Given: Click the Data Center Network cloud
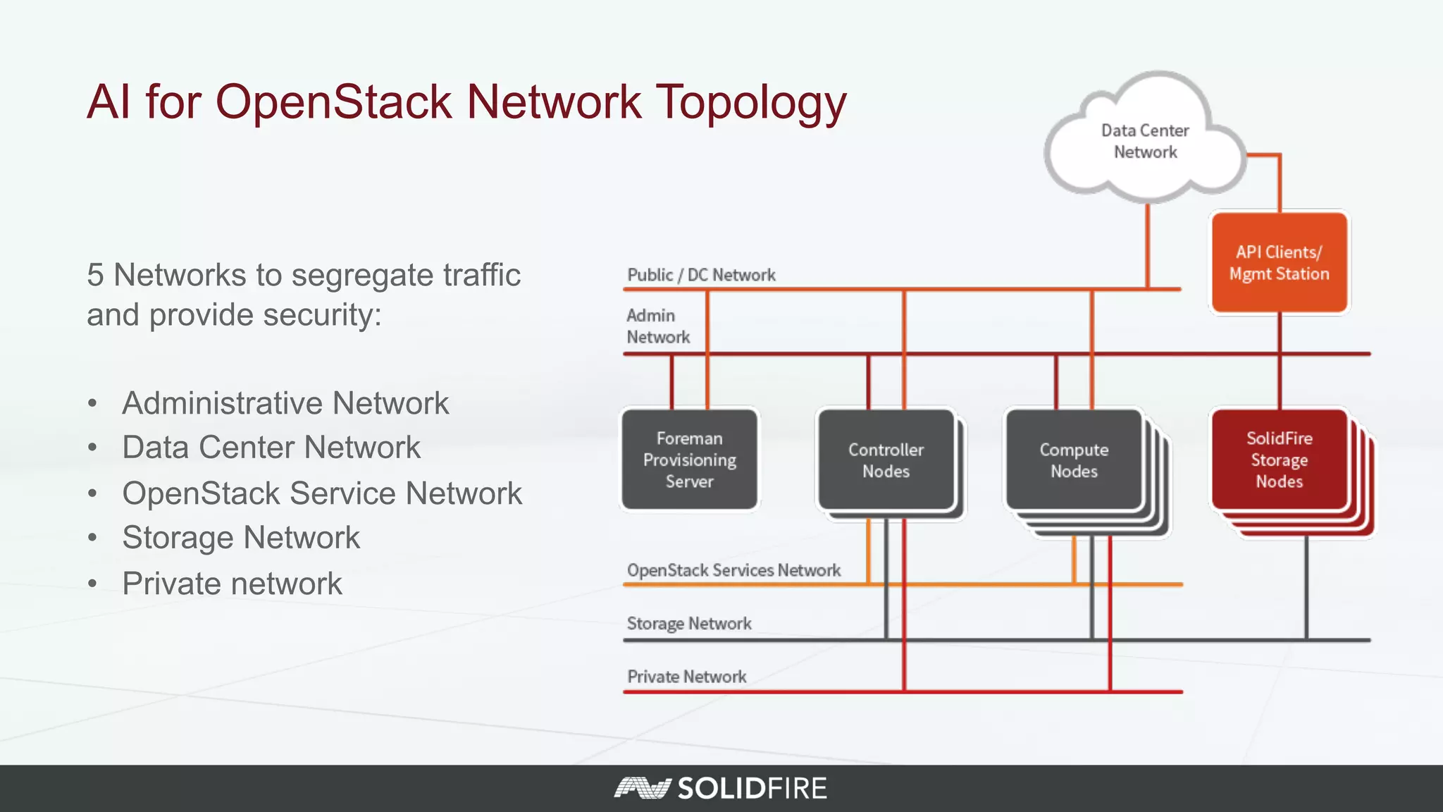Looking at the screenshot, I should [x=1144, y=141].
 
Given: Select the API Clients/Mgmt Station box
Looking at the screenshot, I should [x=1279, y=263].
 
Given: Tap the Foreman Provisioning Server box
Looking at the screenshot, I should [x=689, y=460].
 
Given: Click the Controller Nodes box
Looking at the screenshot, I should [x=886, y=460].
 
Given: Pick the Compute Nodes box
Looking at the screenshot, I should [x=1074, y=460].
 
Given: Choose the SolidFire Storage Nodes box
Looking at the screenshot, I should [x=1279, y=460].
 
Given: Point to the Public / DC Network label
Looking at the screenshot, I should [x=701, y=275].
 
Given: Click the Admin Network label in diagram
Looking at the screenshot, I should [x=657, y=326].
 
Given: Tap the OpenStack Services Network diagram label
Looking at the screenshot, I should [x=733, y=570].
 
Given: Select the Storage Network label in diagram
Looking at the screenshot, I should [x=689, y=624].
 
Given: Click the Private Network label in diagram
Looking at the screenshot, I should [x=687, y=677].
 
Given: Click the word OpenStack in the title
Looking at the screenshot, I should [x=333, y=101].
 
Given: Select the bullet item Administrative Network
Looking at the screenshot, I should [x=285, y=403].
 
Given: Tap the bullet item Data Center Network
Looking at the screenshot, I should [x=271, y=448].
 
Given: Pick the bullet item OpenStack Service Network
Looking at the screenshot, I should [x=322, y=493].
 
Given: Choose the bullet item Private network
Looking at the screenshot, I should [x=232, y=584].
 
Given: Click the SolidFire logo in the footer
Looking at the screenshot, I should [x=720, y=788].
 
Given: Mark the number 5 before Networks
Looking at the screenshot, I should [x=95, y=275].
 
